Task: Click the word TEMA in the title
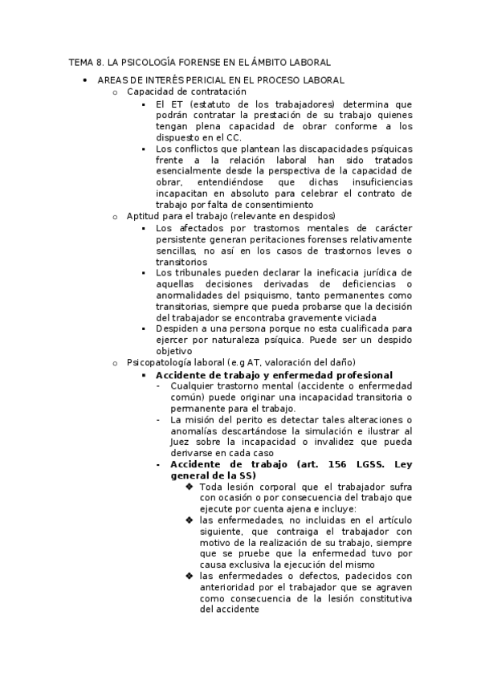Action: tap(81, 62)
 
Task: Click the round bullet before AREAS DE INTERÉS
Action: tap(84, 80)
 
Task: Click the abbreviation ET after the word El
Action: tap(177, 104)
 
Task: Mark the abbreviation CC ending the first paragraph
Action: tap(234, 137)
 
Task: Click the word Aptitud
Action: tap(143, 216)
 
